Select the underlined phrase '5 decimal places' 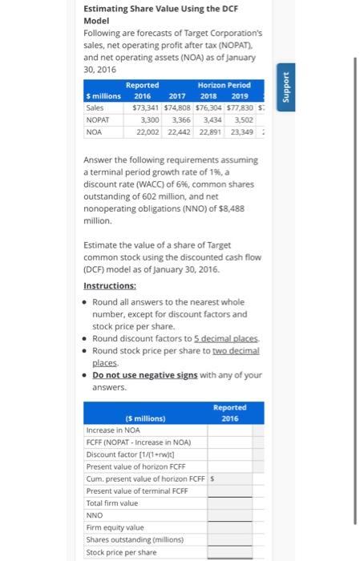(x=223, y=338)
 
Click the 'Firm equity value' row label (x=115, y=527)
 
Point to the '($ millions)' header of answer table (x=145, y=418)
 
